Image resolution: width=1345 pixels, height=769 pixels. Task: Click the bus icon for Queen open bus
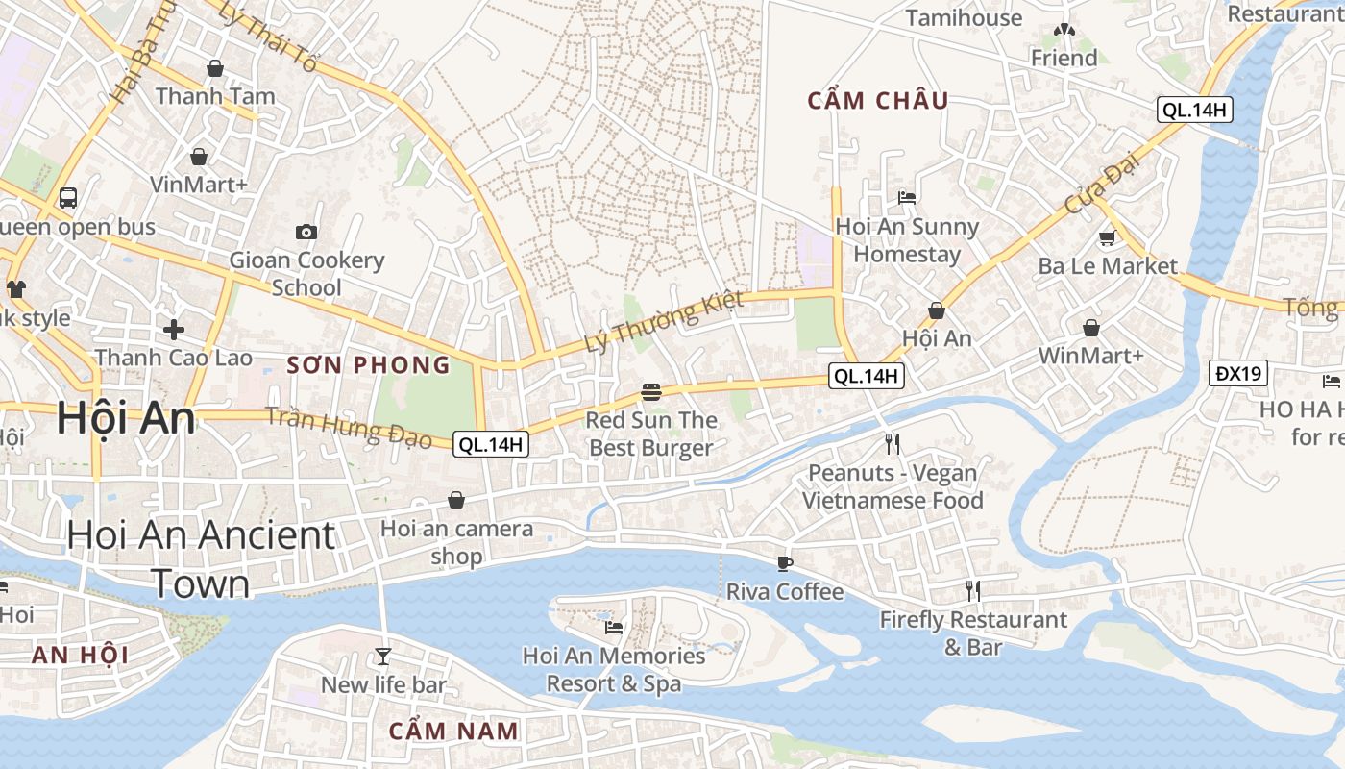67,198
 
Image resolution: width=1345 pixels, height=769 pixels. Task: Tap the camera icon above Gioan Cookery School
306,232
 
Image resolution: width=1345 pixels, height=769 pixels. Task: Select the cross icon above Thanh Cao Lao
174,330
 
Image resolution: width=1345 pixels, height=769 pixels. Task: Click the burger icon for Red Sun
651,392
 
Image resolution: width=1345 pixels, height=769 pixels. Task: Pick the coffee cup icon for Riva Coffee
785,563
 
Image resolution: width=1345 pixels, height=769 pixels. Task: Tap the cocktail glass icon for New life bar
383,657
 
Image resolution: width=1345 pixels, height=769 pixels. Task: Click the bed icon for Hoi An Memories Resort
614,628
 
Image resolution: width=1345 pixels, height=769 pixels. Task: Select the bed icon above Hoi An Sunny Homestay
907,198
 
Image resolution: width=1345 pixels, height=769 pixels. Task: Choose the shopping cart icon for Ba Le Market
1107,237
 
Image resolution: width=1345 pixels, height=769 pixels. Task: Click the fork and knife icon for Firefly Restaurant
973,590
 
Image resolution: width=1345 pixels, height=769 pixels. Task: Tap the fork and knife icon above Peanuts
893,443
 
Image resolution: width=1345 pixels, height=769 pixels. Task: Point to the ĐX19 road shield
1238,373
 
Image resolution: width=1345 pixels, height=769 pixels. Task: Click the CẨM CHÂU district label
878,101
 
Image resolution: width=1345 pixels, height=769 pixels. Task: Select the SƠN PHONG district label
369,365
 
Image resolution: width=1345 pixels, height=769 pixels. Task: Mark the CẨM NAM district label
453,731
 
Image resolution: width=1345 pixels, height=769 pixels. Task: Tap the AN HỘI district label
80,656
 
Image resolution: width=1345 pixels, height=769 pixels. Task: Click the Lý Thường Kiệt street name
665,321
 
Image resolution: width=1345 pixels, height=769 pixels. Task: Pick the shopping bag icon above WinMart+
1091,329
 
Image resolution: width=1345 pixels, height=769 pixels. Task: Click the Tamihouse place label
964,18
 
